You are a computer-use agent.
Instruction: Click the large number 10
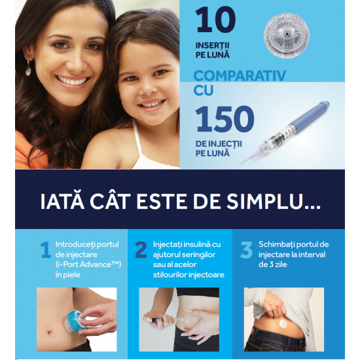[x=215, y=20]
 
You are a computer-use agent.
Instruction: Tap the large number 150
[x=225, y=119]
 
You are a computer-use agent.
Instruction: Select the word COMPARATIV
[x=240, y=76]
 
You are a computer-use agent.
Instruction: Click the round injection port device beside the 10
[x=287, y=35]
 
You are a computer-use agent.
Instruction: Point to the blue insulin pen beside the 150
[x=285, y=132]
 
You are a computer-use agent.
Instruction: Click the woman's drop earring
[x=28, y=68]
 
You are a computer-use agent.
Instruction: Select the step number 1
[x=46, y=250]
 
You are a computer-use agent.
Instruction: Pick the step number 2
[x=141, y=250]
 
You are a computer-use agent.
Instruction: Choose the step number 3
[x=246, y=250]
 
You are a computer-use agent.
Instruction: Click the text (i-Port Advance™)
[x=88, y=264]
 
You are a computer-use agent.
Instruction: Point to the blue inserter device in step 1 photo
[x=75, y=320]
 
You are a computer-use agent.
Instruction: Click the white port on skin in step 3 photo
[x=284, y=324]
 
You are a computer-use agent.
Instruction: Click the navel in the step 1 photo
[x=50, y=333]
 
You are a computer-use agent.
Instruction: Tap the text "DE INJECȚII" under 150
[x=219, y=144]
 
